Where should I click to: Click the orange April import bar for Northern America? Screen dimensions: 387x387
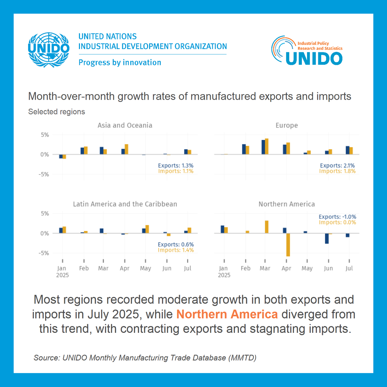[288, 244]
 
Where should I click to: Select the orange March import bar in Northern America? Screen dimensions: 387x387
[267, 227]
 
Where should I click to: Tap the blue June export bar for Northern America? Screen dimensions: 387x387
[327, 238]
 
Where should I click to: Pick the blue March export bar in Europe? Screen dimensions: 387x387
[263, 147]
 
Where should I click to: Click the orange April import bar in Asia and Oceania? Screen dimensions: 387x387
[126, 149]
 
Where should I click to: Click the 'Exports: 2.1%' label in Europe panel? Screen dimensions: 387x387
[337, 165]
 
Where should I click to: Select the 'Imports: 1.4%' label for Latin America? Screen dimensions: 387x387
[176, 250]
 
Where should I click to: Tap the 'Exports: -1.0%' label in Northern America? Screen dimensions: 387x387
[337, 217]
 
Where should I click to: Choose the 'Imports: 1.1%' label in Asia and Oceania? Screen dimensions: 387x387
[176, 171]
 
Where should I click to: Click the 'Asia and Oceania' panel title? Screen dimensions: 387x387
[125, 125]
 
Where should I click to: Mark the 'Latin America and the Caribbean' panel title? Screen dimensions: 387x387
[125, 204]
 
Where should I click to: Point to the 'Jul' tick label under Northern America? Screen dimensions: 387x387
[349, 268]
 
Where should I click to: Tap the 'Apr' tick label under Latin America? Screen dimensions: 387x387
[124, 268]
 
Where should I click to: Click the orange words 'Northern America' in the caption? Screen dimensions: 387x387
[227, 314]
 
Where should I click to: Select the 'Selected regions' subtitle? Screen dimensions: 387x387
[57, 112]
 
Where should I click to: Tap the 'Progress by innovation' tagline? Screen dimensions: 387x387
[120, 63]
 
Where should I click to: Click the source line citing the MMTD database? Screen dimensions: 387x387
[145, 358]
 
